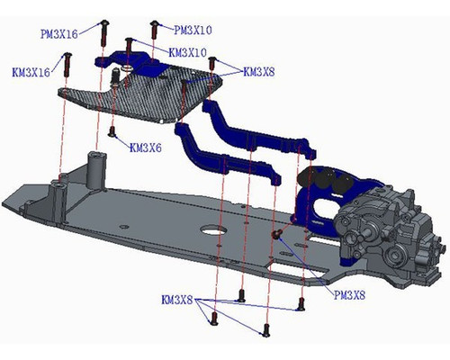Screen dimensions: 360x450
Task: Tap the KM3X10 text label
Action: pos(188,52)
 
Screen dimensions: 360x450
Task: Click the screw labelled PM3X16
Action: pos(105,29)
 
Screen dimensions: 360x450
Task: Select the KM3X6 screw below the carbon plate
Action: pos(112,132)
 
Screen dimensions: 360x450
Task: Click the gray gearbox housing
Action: pos(387,229)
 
